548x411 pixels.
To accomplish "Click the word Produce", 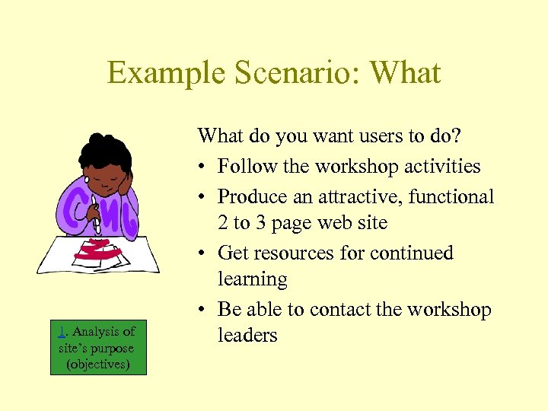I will pos(253,196).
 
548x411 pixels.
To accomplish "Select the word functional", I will pos(451,196).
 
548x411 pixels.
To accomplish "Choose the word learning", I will pos(253,279).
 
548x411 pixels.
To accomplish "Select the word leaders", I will pos(247,336).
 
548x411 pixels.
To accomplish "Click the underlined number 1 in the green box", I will pos(62,331).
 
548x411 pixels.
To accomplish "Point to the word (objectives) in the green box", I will pos(98,365).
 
